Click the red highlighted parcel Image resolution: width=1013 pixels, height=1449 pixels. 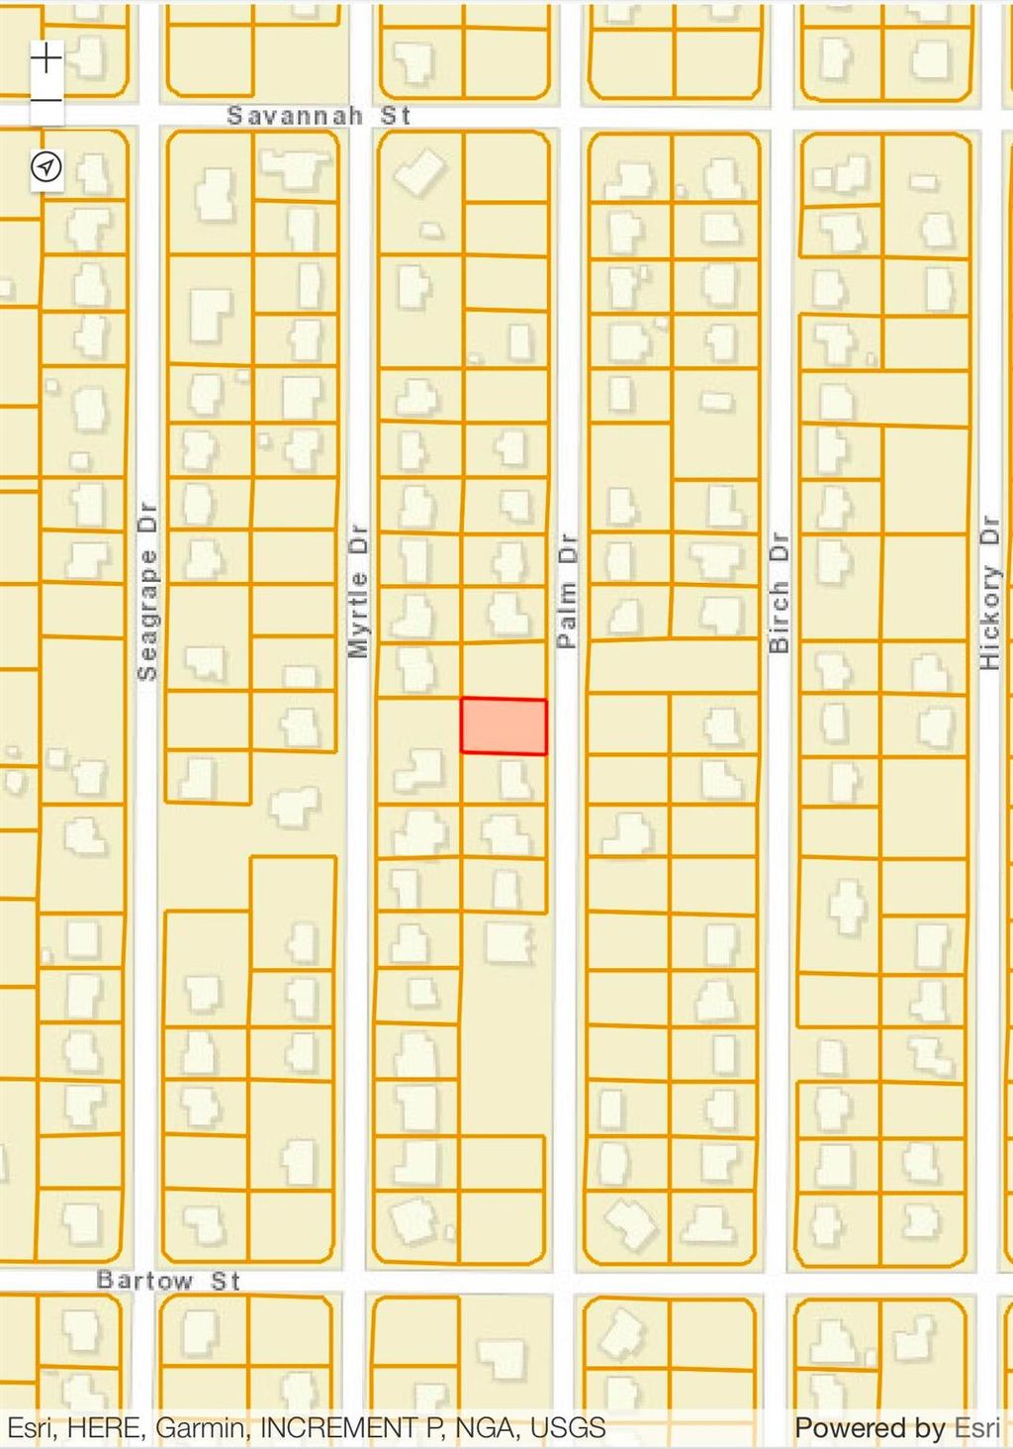tap(504, 726)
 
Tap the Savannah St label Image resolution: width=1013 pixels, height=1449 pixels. tap(319, 116)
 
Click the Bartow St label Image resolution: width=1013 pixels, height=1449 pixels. tap(168, 1281)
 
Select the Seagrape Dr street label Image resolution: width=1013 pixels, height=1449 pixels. tap(147, 592)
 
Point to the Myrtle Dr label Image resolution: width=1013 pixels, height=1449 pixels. tap(358, 591)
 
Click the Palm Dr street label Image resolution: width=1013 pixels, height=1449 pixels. tap(566, 591)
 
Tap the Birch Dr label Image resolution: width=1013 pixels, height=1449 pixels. tap(780, 592)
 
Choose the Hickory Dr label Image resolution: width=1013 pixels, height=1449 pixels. tap(989, 592)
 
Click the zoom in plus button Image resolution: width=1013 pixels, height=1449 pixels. tap(46, 58)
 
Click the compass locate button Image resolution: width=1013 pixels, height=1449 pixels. tap(46, 167)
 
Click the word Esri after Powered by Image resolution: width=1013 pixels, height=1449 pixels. tap(976, 1428)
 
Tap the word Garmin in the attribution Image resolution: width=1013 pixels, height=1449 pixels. tap(201, 1428)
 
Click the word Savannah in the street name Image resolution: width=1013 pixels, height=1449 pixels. tap(295, 116)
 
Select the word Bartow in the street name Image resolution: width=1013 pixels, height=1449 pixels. tap(144, 1281)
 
